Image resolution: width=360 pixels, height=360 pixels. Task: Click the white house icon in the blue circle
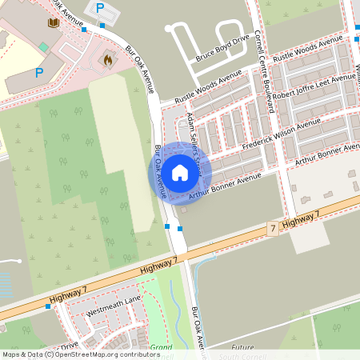[179, 171]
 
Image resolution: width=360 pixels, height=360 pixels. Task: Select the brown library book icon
[54, 22]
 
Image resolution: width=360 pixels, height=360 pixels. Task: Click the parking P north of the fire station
[100, 8]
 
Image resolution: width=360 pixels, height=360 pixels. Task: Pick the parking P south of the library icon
[38, 72]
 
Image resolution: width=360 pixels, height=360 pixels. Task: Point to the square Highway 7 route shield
[273, 229]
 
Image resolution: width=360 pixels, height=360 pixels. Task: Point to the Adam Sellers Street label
[194, 135]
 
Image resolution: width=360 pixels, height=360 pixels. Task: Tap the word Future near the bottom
[242, 348]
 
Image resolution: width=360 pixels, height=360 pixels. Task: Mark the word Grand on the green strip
[162, 348]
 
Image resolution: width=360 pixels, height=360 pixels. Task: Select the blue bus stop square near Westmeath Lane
[48, 306]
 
